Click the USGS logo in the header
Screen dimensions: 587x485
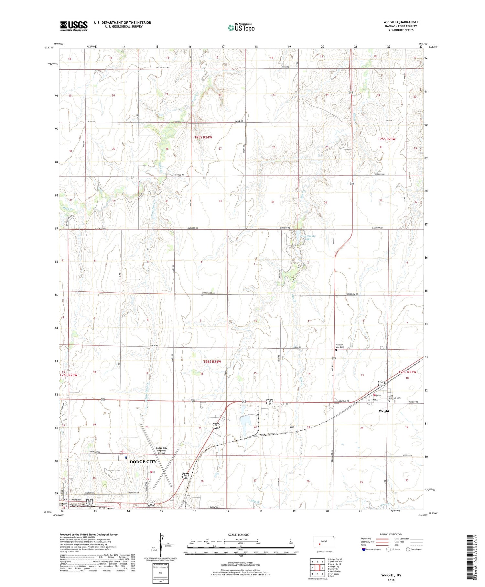pos(74,26)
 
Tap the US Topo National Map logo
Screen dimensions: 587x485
pos(241,28)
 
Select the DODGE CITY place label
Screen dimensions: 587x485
pos(143,462)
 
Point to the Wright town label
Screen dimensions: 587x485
pos(384,411)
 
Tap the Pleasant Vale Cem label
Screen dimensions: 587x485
pos(339,346)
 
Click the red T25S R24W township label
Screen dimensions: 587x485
pos(203,137)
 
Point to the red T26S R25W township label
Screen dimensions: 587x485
pos(69,375)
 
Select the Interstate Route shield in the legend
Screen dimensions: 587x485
pos(364,549)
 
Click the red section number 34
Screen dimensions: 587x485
pos(220,201)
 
